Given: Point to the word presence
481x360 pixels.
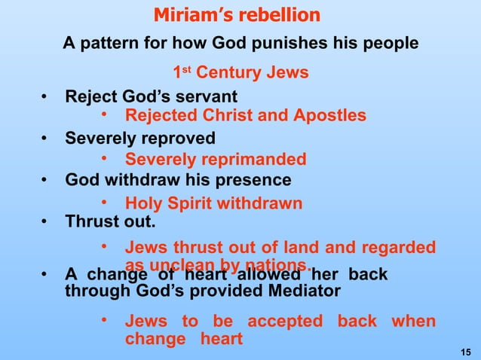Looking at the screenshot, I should pos(252,181).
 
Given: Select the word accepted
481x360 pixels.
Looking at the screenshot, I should pos(285,322).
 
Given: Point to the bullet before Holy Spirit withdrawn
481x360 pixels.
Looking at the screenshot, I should pos(106,203).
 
